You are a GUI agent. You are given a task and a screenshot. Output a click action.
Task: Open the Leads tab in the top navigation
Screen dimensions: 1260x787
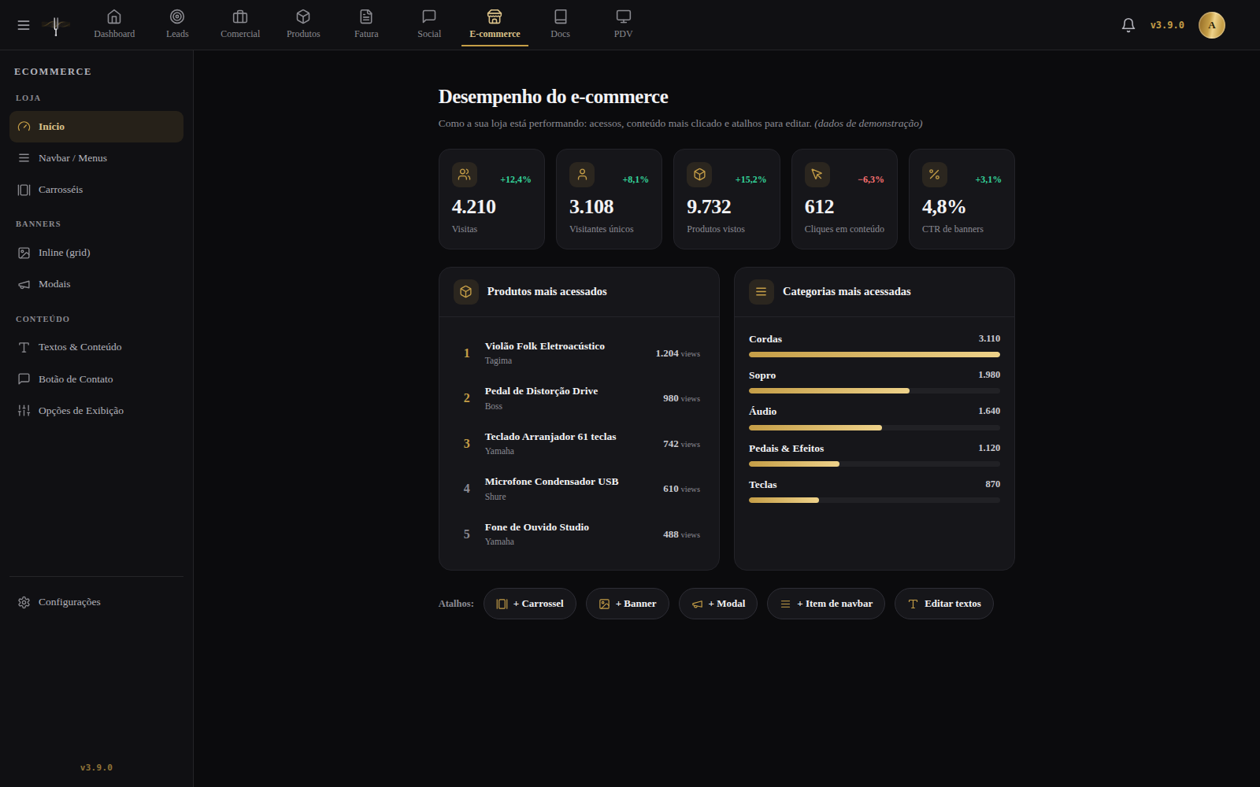pyautogui.click(x=177, y=24)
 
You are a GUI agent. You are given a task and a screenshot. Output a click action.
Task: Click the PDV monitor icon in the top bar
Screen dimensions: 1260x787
pyautogui.click(x=623, y=17)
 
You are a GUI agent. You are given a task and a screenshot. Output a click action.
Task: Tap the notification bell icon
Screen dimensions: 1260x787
pyautogui.click(x=1128, y=24)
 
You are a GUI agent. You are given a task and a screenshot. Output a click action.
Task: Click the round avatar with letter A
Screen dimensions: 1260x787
pyautogui.click(x=1212, y=24)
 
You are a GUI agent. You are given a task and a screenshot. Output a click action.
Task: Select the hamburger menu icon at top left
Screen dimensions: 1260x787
pyautogui.click(x=23, y=25)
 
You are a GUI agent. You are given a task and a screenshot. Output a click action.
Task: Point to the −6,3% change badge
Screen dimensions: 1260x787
pyautogui.click(x=871, y=179)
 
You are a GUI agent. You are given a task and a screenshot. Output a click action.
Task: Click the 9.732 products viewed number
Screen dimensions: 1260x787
pyautogui.click(x=709, y=207)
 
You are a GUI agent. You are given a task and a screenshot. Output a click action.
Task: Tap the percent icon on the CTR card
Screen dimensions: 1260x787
pyautogui.click(x=934, y=174)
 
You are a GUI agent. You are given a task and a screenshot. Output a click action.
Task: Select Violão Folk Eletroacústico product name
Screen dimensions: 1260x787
pyautogui.click(x=544, y=346)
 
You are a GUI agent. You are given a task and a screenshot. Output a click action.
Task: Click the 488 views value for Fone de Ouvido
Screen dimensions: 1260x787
pyautogui.click(x=681, y=534)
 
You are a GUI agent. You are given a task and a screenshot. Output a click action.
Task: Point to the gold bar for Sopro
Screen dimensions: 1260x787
pyautogui.click(x=829, y=390)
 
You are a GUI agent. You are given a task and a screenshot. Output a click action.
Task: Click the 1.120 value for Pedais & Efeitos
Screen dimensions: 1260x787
pyautogui.click(x=989, y=448)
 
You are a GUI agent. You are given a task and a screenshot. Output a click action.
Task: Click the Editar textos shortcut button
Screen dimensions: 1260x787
pyautogui.click(x=944, y=604)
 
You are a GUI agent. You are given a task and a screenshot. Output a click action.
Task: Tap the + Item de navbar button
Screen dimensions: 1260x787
pyautogui.click(x=826, y=604)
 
